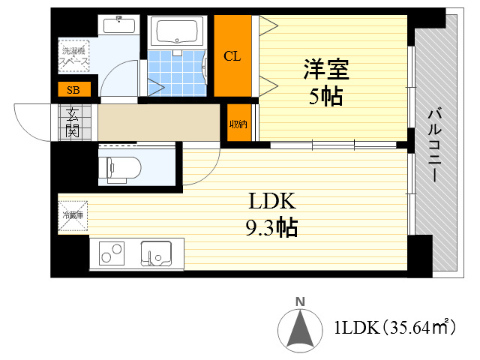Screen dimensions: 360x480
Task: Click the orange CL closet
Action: (232, 56)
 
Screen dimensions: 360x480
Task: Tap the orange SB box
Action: (73, 90)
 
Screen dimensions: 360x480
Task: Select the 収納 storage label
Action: (238, 124)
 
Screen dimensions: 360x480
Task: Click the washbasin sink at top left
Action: (118, 24)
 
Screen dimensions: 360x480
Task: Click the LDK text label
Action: (273, 202)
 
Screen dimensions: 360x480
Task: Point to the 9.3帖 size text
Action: (271, 226)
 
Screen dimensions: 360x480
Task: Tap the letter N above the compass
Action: (300, 302)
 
